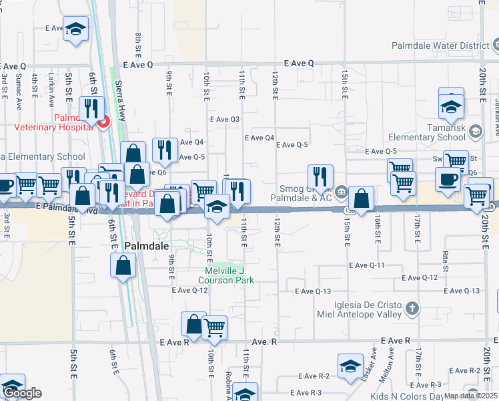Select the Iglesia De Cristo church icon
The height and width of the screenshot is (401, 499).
(413, 308)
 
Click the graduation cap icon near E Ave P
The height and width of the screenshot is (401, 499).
(76, 29)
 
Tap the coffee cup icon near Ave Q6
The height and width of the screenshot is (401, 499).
(448, 178)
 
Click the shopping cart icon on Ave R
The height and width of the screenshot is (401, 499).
(214, 327)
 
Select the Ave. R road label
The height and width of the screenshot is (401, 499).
(264, 341)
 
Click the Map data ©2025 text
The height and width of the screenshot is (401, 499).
(470, 396)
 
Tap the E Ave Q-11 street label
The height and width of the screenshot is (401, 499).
(368, 265)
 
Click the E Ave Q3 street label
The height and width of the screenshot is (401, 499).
(224, 119)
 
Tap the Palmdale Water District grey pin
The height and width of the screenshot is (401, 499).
(495, 46)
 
